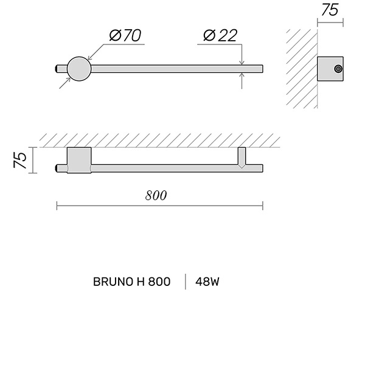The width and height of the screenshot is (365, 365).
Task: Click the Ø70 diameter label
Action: click(125, 36)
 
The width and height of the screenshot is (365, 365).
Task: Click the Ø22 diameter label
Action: click(220, 36)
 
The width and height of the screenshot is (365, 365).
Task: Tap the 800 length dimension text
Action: click(156, 195)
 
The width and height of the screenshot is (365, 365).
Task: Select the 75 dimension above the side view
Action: click(330, 10)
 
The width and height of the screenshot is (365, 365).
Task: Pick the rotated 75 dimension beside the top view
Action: click(20, 160)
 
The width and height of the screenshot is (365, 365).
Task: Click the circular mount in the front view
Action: click(79, 69)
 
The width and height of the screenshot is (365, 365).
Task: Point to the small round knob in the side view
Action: click(338, 69)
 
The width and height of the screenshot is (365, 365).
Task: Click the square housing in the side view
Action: click(330, 69)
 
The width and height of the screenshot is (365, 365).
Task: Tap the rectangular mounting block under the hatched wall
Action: click(79, 160)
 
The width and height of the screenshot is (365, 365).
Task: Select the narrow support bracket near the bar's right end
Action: click(242, 158)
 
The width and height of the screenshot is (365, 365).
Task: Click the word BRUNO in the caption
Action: click(113, 282)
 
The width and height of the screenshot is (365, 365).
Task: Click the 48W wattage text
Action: click(207, 282)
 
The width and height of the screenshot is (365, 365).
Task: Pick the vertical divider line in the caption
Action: click(186, 282)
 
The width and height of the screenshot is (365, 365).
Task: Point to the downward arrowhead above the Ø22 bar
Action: click(242, 63)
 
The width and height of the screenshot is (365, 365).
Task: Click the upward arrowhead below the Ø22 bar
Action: click(242, 75)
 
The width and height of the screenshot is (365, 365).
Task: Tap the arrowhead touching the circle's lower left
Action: click(68, 80)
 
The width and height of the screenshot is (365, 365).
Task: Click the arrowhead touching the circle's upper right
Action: click(90, 58)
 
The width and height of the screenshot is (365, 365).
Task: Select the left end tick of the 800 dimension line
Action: click(57, 206)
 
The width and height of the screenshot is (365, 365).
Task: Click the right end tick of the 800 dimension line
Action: click(263, 206)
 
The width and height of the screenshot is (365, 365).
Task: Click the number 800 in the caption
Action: click(159, 282)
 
